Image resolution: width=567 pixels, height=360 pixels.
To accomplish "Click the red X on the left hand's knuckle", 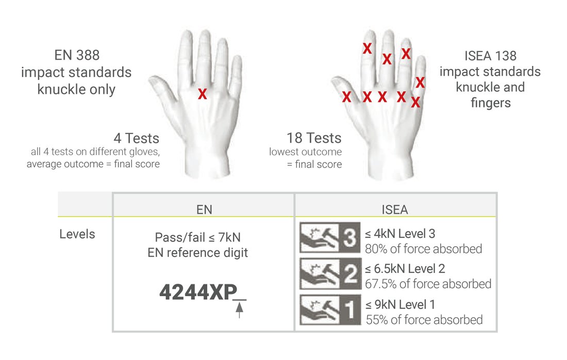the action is (x=203, y=94).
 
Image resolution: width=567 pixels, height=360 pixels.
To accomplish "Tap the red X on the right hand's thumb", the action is (x=346, y=96).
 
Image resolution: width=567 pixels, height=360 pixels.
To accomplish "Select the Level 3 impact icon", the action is (x=330, y=237).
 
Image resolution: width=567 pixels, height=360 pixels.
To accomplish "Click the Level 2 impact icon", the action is (x=330, y=273).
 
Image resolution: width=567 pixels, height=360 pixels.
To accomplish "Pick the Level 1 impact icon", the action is (x=330, y=310).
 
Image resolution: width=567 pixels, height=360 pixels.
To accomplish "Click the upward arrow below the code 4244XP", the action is (x=239, y=310).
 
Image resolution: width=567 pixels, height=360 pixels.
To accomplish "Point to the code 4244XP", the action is (x=198, y=292).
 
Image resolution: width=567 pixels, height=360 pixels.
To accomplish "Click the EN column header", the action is (x=204, y=210).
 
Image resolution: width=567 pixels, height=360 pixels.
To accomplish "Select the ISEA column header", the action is (x=395, y=210).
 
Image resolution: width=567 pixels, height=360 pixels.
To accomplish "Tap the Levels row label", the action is (x=77, y=234).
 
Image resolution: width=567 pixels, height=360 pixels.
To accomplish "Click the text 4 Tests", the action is (x=136, y=138).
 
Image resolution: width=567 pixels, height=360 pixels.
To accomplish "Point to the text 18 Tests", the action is (x=314, y=138).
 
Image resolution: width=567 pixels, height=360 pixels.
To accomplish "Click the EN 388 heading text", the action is (x=77, y=55).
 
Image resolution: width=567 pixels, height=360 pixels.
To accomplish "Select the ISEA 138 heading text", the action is (x=490, y=56).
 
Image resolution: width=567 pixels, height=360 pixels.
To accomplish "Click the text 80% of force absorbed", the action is (x=423, y=249).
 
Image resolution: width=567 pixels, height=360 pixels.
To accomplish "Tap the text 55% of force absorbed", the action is (x=424, y=319).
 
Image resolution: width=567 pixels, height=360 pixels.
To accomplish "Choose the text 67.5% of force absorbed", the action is (x=428, y=284).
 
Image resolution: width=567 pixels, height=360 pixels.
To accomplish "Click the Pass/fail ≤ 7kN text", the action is (x=197, y=237).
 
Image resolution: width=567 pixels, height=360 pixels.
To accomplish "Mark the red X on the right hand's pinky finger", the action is (x=420, y=82).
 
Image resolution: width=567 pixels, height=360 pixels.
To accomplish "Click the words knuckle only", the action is (x=76, y=89).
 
